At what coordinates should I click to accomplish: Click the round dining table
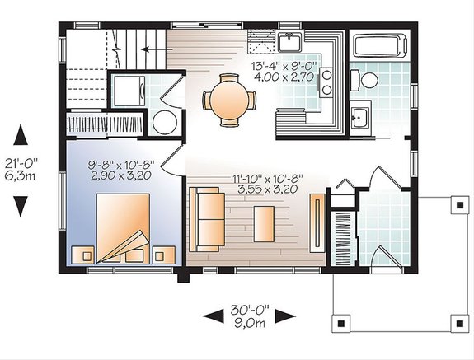[228, 99]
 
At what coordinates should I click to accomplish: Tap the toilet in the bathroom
[366, 80]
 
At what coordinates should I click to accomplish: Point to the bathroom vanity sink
[359, 116]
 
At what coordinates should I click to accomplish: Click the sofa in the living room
[206, 219]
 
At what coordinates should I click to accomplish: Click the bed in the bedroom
[124, 225]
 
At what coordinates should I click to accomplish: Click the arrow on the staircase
[149, 49]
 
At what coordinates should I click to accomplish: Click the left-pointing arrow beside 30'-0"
[213, 314]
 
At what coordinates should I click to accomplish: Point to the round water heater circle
[166, 123]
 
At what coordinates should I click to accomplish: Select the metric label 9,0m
[249, 325]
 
